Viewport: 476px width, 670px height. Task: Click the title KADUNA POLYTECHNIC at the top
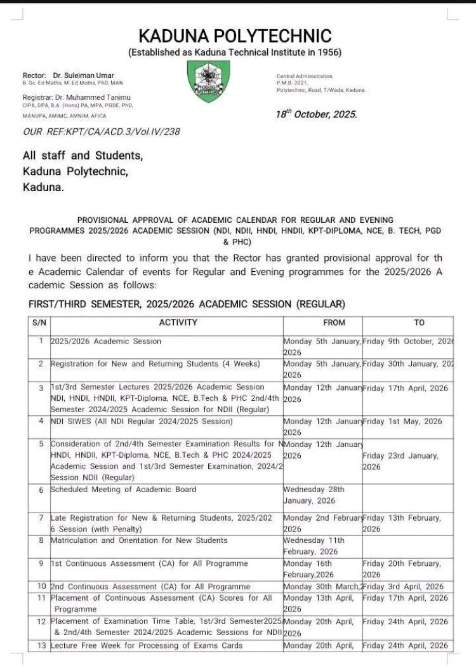(235, 36)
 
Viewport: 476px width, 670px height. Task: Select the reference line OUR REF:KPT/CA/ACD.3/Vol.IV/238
(101, 131)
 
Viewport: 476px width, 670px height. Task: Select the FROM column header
(334, 323)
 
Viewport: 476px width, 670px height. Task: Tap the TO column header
(419, 323)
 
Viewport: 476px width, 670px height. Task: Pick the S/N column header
(38, 323)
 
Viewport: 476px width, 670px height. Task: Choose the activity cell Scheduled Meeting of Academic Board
(123, 490)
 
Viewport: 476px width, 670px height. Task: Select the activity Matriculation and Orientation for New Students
(138, 540)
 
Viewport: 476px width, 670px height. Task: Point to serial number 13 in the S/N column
(41, 646)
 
